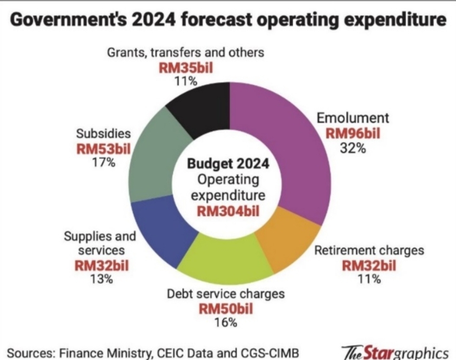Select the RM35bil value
coord(185,68)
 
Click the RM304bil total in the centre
coord(228,211)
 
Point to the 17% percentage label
coord(102,163)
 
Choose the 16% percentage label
coord(225,323)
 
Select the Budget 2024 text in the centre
coord(228,164)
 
